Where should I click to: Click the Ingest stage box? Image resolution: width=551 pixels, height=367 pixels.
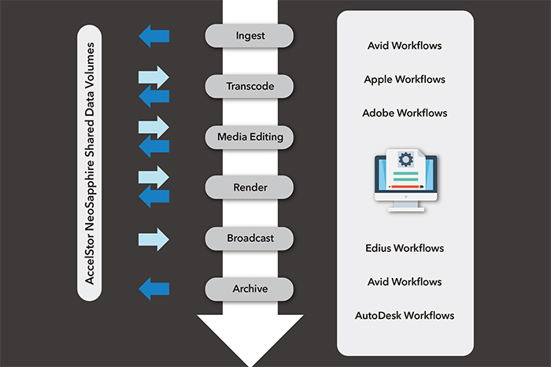coord(249,35)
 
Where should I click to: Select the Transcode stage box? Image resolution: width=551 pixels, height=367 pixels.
coord(249,87)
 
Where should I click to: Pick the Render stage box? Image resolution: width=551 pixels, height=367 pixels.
coord(249,188)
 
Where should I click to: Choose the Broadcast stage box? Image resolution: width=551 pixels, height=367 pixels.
coord(249,239)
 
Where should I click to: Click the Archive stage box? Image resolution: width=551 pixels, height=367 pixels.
coord(249,289)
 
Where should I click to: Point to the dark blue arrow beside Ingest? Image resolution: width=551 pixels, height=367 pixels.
coord(154,35)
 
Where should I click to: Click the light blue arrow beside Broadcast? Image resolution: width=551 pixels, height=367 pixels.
coord(154,239)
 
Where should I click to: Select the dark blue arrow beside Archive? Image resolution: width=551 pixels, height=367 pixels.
coord(154,289)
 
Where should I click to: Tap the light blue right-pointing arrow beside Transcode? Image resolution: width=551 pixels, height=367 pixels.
coord(154,77)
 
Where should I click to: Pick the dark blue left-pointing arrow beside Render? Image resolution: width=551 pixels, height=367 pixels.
coord(154,197)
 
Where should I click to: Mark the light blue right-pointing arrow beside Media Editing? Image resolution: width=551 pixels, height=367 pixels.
coord(154,127)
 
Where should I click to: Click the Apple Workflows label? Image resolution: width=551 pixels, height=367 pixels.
coord(405,80)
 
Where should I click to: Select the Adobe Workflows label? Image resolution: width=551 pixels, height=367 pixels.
coord(405,113)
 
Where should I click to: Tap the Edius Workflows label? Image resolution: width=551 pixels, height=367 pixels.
coord(405,249)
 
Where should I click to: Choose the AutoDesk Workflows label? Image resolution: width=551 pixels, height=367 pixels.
coord(405,316)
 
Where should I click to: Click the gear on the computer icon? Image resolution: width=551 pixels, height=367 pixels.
coord(405,160)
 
